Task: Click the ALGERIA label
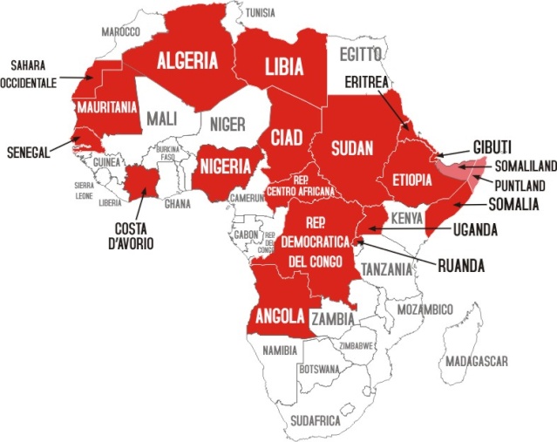point(187,61)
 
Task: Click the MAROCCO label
point(121,31)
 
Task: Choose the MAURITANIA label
point(106,108)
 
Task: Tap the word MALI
point(163,118)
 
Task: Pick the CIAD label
point(287,139)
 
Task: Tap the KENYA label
point(407,217)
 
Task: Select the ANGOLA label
point(277,315)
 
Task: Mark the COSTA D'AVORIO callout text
point(133,236)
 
